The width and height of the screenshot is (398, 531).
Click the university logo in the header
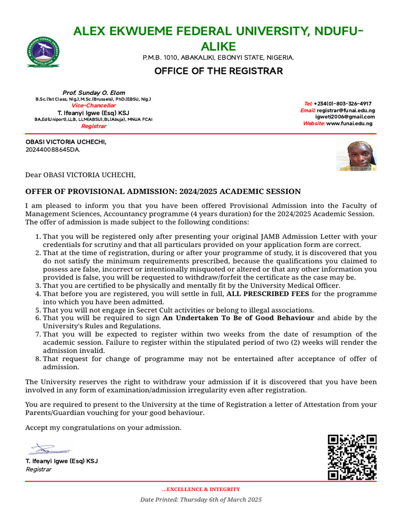point(42,52)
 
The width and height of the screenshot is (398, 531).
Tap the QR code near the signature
point(352,457)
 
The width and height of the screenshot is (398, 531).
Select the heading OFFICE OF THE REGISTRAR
point(219,71)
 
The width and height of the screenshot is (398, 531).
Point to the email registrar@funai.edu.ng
point(346,110)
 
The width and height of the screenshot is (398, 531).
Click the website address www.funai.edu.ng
point(349,123)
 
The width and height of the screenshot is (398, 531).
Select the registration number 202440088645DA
point(53,150)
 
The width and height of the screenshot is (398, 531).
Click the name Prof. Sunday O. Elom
point(94,93)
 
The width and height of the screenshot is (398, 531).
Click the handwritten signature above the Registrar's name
point(49,449)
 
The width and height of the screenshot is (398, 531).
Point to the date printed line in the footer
point(201,499)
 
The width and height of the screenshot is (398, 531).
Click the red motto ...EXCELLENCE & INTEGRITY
point(201,489)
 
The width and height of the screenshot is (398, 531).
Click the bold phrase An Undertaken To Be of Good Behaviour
point(238,318)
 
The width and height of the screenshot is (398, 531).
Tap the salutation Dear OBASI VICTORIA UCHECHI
point(80,175)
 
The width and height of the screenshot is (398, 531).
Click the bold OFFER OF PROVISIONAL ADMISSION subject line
point(163,191)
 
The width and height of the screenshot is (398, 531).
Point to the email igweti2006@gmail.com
point(345,117)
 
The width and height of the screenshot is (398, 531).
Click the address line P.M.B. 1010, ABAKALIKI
point(218,57)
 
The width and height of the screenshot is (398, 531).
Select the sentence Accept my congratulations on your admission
point(104,428)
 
